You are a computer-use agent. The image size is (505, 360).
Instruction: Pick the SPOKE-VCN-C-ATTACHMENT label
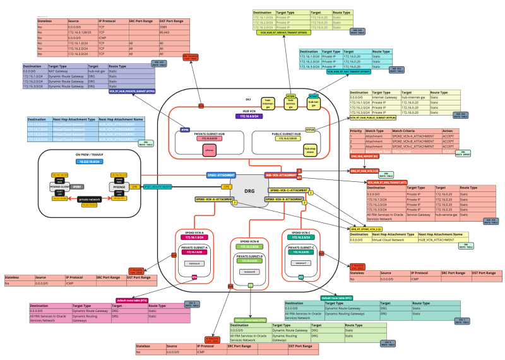point(288,189)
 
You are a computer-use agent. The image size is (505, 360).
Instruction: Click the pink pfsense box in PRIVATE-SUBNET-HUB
point(210,150)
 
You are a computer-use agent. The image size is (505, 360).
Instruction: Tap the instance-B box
point(248,272)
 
